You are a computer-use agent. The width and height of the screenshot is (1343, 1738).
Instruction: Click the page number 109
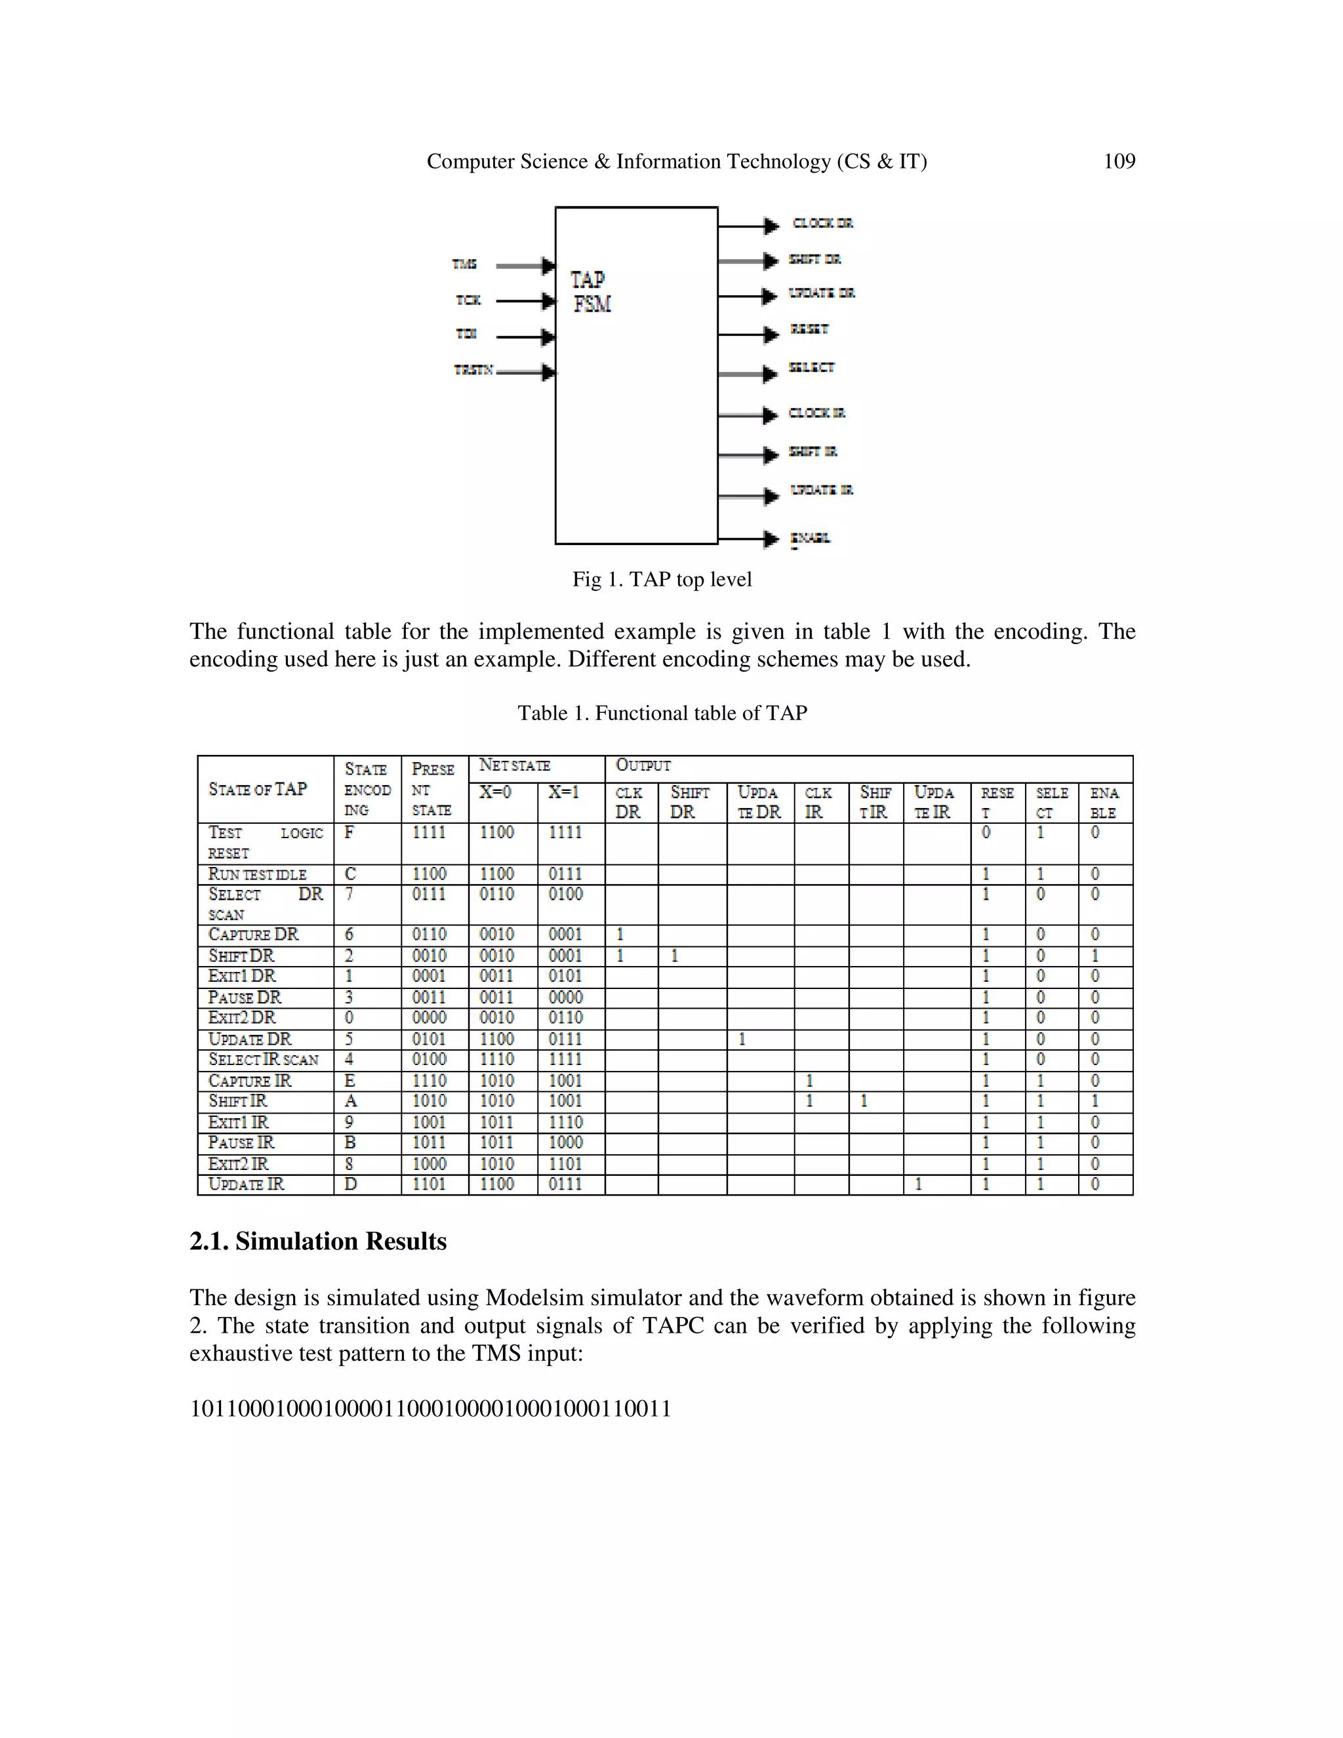(1119, 161)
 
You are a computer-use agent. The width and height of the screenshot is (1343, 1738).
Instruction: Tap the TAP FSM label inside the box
(590, 291)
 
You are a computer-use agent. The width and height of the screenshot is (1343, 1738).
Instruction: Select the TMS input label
(465, 264)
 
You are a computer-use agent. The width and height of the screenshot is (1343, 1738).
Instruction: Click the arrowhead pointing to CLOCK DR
(770, 226)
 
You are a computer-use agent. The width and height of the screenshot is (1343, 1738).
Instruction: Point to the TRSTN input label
(473, 370)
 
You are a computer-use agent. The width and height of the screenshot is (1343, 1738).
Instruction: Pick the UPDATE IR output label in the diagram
(821, 490)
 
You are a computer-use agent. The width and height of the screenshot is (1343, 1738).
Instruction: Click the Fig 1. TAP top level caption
(661, 579)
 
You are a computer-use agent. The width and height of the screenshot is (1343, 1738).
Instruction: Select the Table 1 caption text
(662, 713)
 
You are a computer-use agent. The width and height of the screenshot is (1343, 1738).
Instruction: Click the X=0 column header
(495, 793)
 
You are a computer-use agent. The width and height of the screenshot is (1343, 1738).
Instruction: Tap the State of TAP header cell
(258, 790)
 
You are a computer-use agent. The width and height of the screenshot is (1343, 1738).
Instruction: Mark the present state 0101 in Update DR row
(429, 1040)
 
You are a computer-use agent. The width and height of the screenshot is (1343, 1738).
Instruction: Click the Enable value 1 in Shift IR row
(1094, 1101)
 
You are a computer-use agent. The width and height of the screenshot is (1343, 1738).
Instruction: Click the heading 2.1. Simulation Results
(317, 1242)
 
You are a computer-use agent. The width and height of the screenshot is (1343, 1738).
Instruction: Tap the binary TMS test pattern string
(430, 1409)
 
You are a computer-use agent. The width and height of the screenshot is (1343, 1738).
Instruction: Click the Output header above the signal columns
(643, 765)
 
